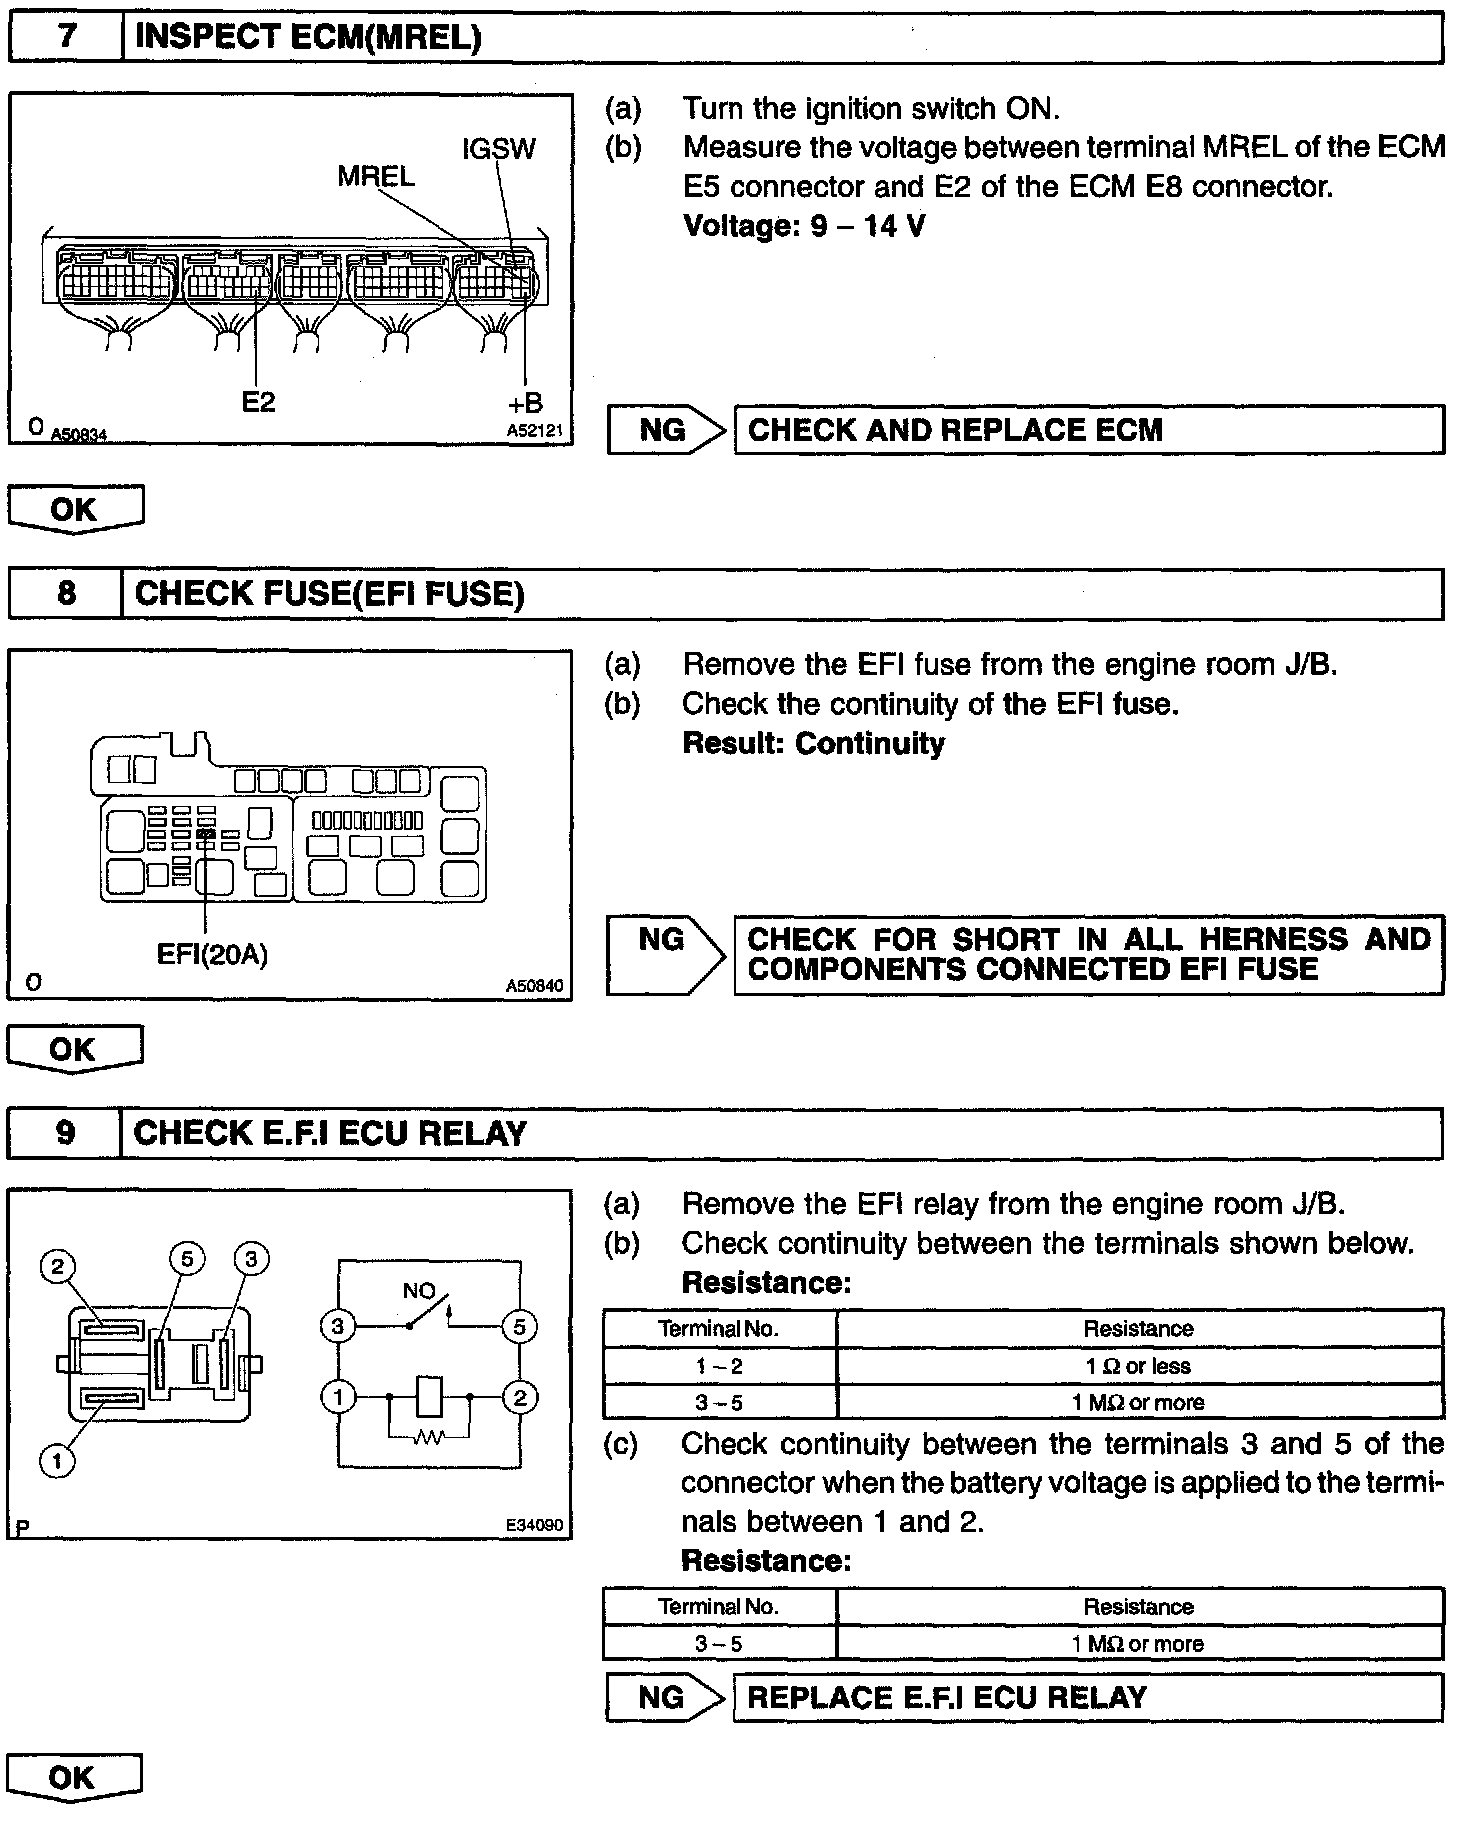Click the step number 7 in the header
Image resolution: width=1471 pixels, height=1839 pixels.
[x=66, y=37]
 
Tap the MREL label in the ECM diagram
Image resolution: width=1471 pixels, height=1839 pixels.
[x=375, y=177]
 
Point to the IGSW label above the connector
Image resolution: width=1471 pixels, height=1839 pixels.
[x=498, y=149]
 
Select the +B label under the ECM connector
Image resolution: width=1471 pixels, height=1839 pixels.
[x=525, y=402]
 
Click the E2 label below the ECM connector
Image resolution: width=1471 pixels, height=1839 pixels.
[x=258, y=402]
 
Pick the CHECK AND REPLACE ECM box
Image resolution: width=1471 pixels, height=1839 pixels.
[x=1087, y=430]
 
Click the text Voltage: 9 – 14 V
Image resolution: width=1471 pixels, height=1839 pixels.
[x=803, y=226]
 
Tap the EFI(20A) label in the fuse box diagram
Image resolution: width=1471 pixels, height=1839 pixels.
[x=212, y=955]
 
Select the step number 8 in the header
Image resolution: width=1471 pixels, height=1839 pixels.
[x=66, y=593]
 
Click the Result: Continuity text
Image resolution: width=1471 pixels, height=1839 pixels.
[x=812, y=744]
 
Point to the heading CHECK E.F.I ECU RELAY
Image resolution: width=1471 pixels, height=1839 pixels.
[x=330, y=1133]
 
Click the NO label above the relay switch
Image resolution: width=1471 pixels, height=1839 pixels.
[x=419, y=1291]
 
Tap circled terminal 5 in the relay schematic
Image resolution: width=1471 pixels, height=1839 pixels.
[x=519, y=1327]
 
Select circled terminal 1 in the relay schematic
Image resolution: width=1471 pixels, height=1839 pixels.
[x=338, y=1397]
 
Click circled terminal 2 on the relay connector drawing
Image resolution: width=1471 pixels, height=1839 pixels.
[x=57, y=1267]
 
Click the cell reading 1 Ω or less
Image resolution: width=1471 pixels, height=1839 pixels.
[x=1138, y=1366]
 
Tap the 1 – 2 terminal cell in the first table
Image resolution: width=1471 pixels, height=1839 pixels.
[x=719, y=1366]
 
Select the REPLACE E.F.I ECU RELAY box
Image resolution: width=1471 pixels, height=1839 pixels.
[x=1087, y=1697]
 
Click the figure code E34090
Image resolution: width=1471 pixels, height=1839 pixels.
[x=534, y=1526]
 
